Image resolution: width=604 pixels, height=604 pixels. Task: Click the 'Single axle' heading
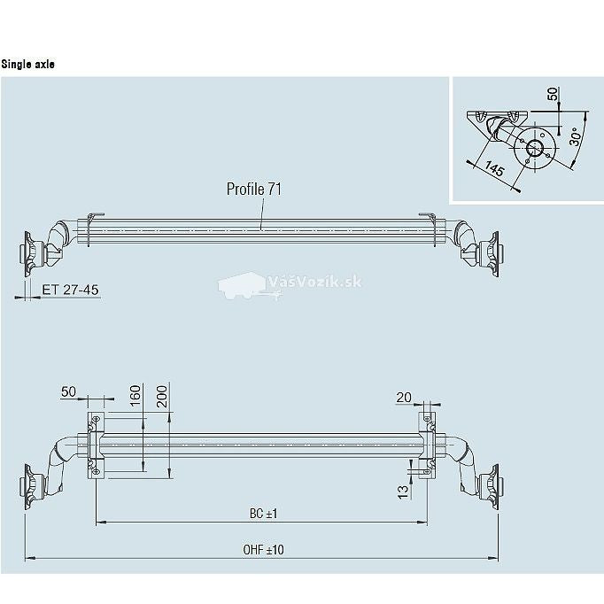pyautogui.click(x=27, y=64)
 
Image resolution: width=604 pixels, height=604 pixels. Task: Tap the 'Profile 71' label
pyautogui.click(x=254, y=190)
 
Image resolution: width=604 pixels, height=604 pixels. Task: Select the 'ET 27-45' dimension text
pyautogui.click(x=70, y=290)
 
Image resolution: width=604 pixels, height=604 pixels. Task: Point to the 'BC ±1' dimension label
pyautogui.click(x=264, y=514)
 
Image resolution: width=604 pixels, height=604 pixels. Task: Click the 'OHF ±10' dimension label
pyautogui.click(x=264, y=550)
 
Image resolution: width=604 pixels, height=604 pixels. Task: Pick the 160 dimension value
pyautogui.click(x=136, y=396)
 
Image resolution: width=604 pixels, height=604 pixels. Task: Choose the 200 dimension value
pyautogui.click(x=162, y=397)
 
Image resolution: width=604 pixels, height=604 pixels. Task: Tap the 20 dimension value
pyautogui.click(x=404, y=397)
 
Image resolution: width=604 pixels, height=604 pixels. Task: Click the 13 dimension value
pyautogui.click(x=403, y=492)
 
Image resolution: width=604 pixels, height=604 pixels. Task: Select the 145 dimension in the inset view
pyautogui.click(x=494, y=168)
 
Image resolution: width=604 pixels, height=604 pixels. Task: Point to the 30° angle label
pyautogui.click(x=575, y=136)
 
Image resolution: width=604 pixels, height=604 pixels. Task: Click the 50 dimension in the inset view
pyautogui.click(x=553, y=94)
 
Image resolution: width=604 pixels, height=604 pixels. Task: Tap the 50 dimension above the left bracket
pyautogui.click(x=68, y=391)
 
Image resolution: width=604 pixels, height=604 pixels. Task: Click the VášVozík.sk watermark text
pyautogui.click(x=314, y=283)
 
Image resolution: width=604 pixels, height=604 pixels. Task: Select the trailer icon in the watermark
pyautogui.click(x=246, y=286)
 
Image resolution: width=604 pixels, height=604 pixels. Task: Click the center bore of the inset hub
pyautogui.click(x=535, y=148)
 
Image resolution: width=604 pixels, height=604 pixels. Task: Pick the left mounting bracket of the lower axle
pyautogui.click(x=96, y=445)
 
